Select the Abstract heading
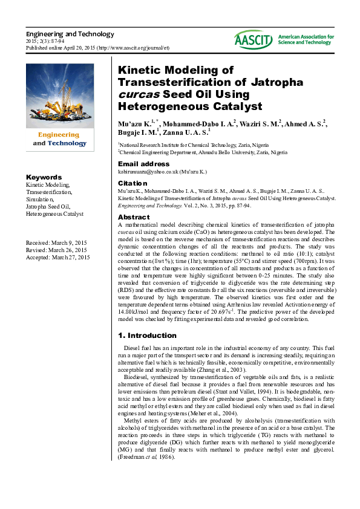(133, 217)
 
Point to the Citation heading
(133, 183)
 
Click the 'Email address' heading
(143, 164)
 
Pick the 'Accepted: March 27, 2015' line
(57, 258)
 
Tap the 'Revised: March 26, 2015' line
(56, 250)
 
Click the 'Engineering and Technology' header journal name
(70, 34)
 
